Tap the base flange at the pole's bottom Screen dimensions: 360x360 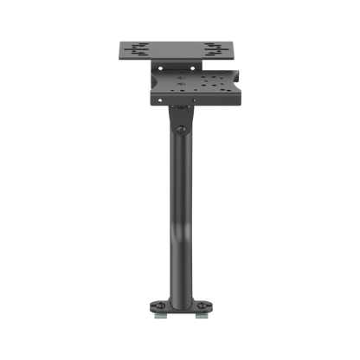pos(180,306)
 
